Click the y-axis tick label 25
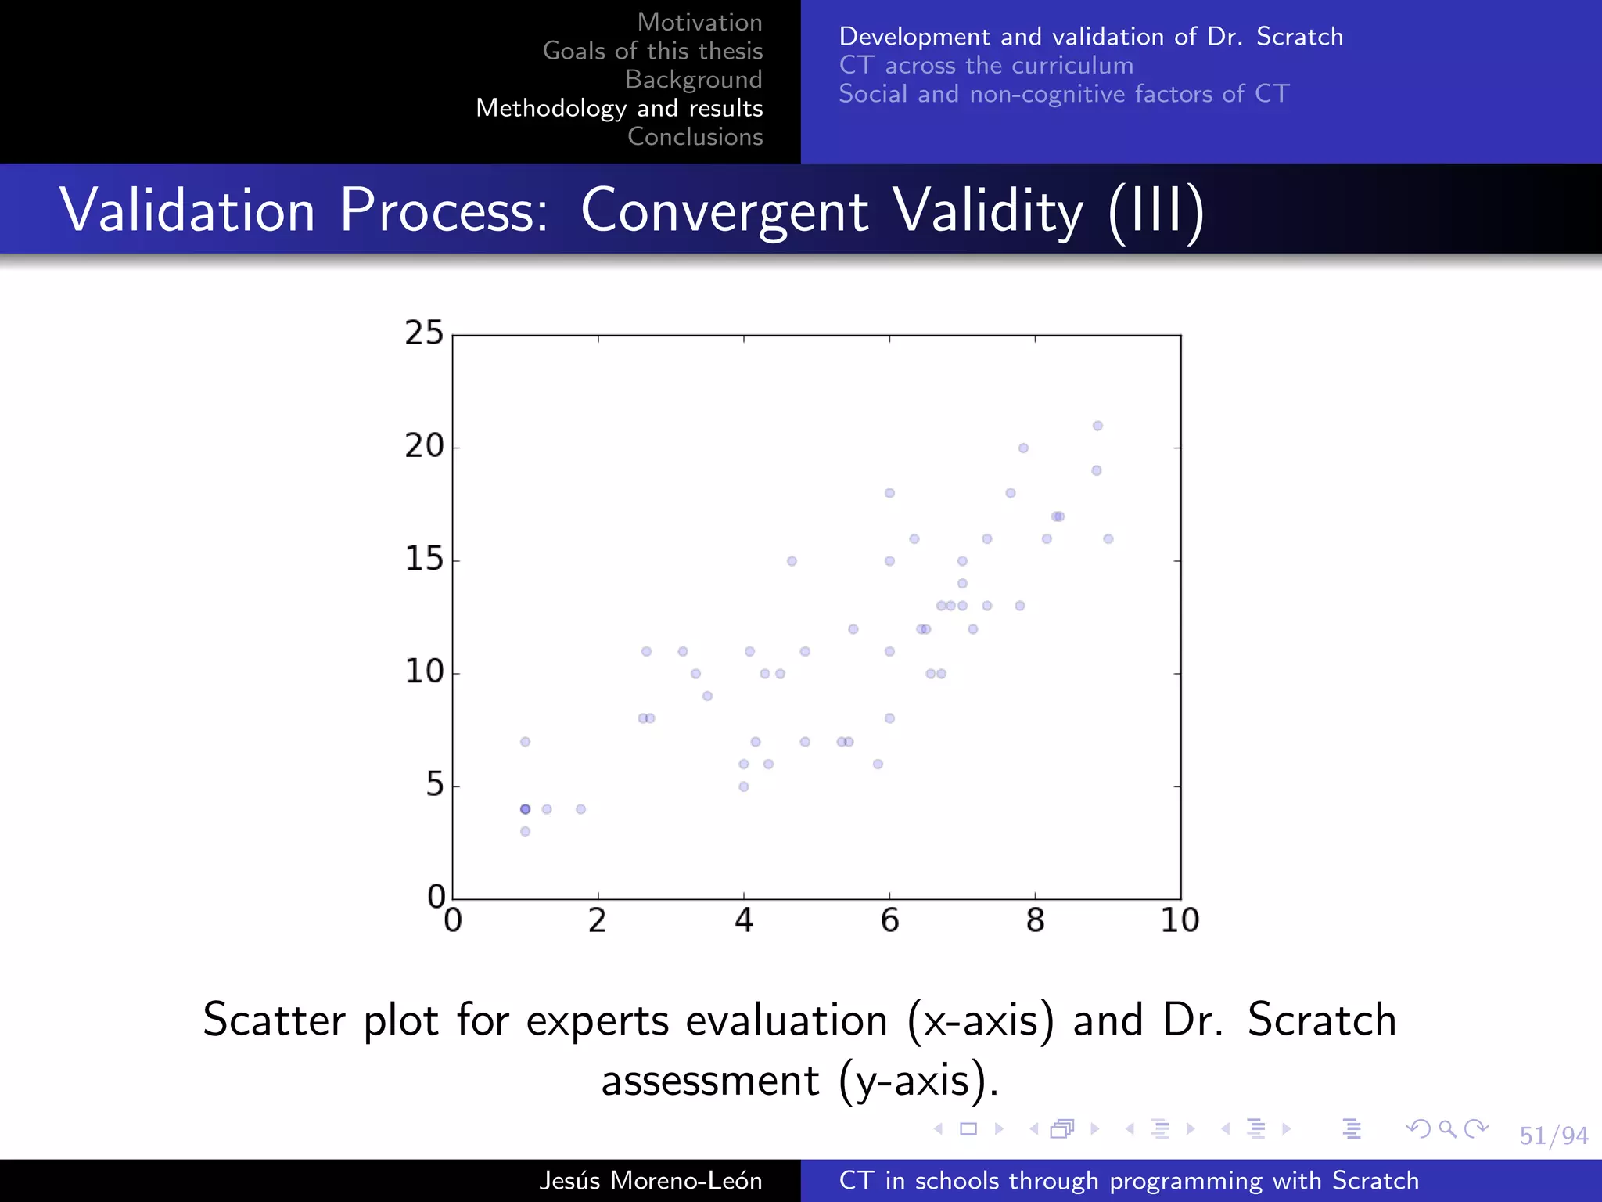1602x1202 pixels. (x=424, y=333)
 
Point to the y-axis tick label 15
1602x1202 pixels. (x=424, y=560)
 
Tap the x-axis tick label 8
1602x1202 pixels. (x=1035, y=921)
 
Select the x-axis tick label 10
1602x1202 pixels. (x=1180, y=921)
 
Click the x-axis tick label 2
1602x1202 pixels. (x=598, y=921)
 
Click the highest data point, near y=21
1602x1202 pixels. (x=1097, y=426)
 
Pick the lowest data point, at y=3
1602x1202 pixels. (x=525, y=831)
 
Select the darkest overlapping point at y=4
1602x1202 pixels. (x=525, y=809)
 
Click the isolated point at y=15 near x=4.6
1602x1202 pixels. (x=792, y=561)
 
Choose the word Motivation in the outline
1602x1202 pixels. (x=699, y=22)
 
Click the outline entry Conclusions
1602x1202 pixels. (x=695, y=137)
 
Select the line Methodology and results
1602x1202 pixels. (x=619, y=108)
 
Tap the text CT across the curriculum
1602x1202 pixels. (x=986, y=65)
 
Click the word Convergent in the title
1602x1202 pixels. (x=724, y=211)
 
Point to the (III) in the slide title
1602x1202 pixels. (x=1156, y=211)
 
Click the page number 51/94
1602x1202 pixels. (x=1553, y=1135)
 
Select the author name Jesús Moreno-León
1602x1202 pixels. (x=650, y=1180)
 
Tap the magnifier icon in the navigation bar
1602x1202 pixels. (x=1447, y=1128)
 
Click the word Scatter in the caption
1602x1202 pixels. (x=274, y=1020)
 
